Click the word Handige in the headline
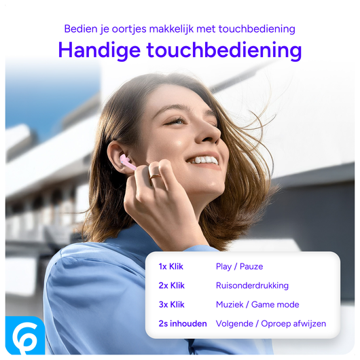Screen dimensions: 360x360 tap(98, 50)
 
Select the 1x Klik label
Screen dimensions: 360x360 tap(172, 267)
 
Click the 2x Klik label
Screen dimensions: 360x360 tap(172, 286)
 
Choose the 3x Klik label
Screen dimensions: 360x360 tap(172, 305)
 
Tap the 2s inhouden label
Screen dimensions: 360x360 tap(183, 324)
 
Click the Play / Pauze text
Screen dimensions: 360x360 tap(239, 267)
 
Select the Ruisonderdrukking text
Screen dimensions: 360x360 tap(252, 286)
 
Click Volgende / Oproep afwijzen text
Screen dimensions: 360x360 tap(271, 324)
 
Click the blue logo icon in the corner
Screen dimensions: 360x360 tap(25, 335)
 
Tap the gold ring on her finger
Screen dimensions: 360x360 tap(156, 177)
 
